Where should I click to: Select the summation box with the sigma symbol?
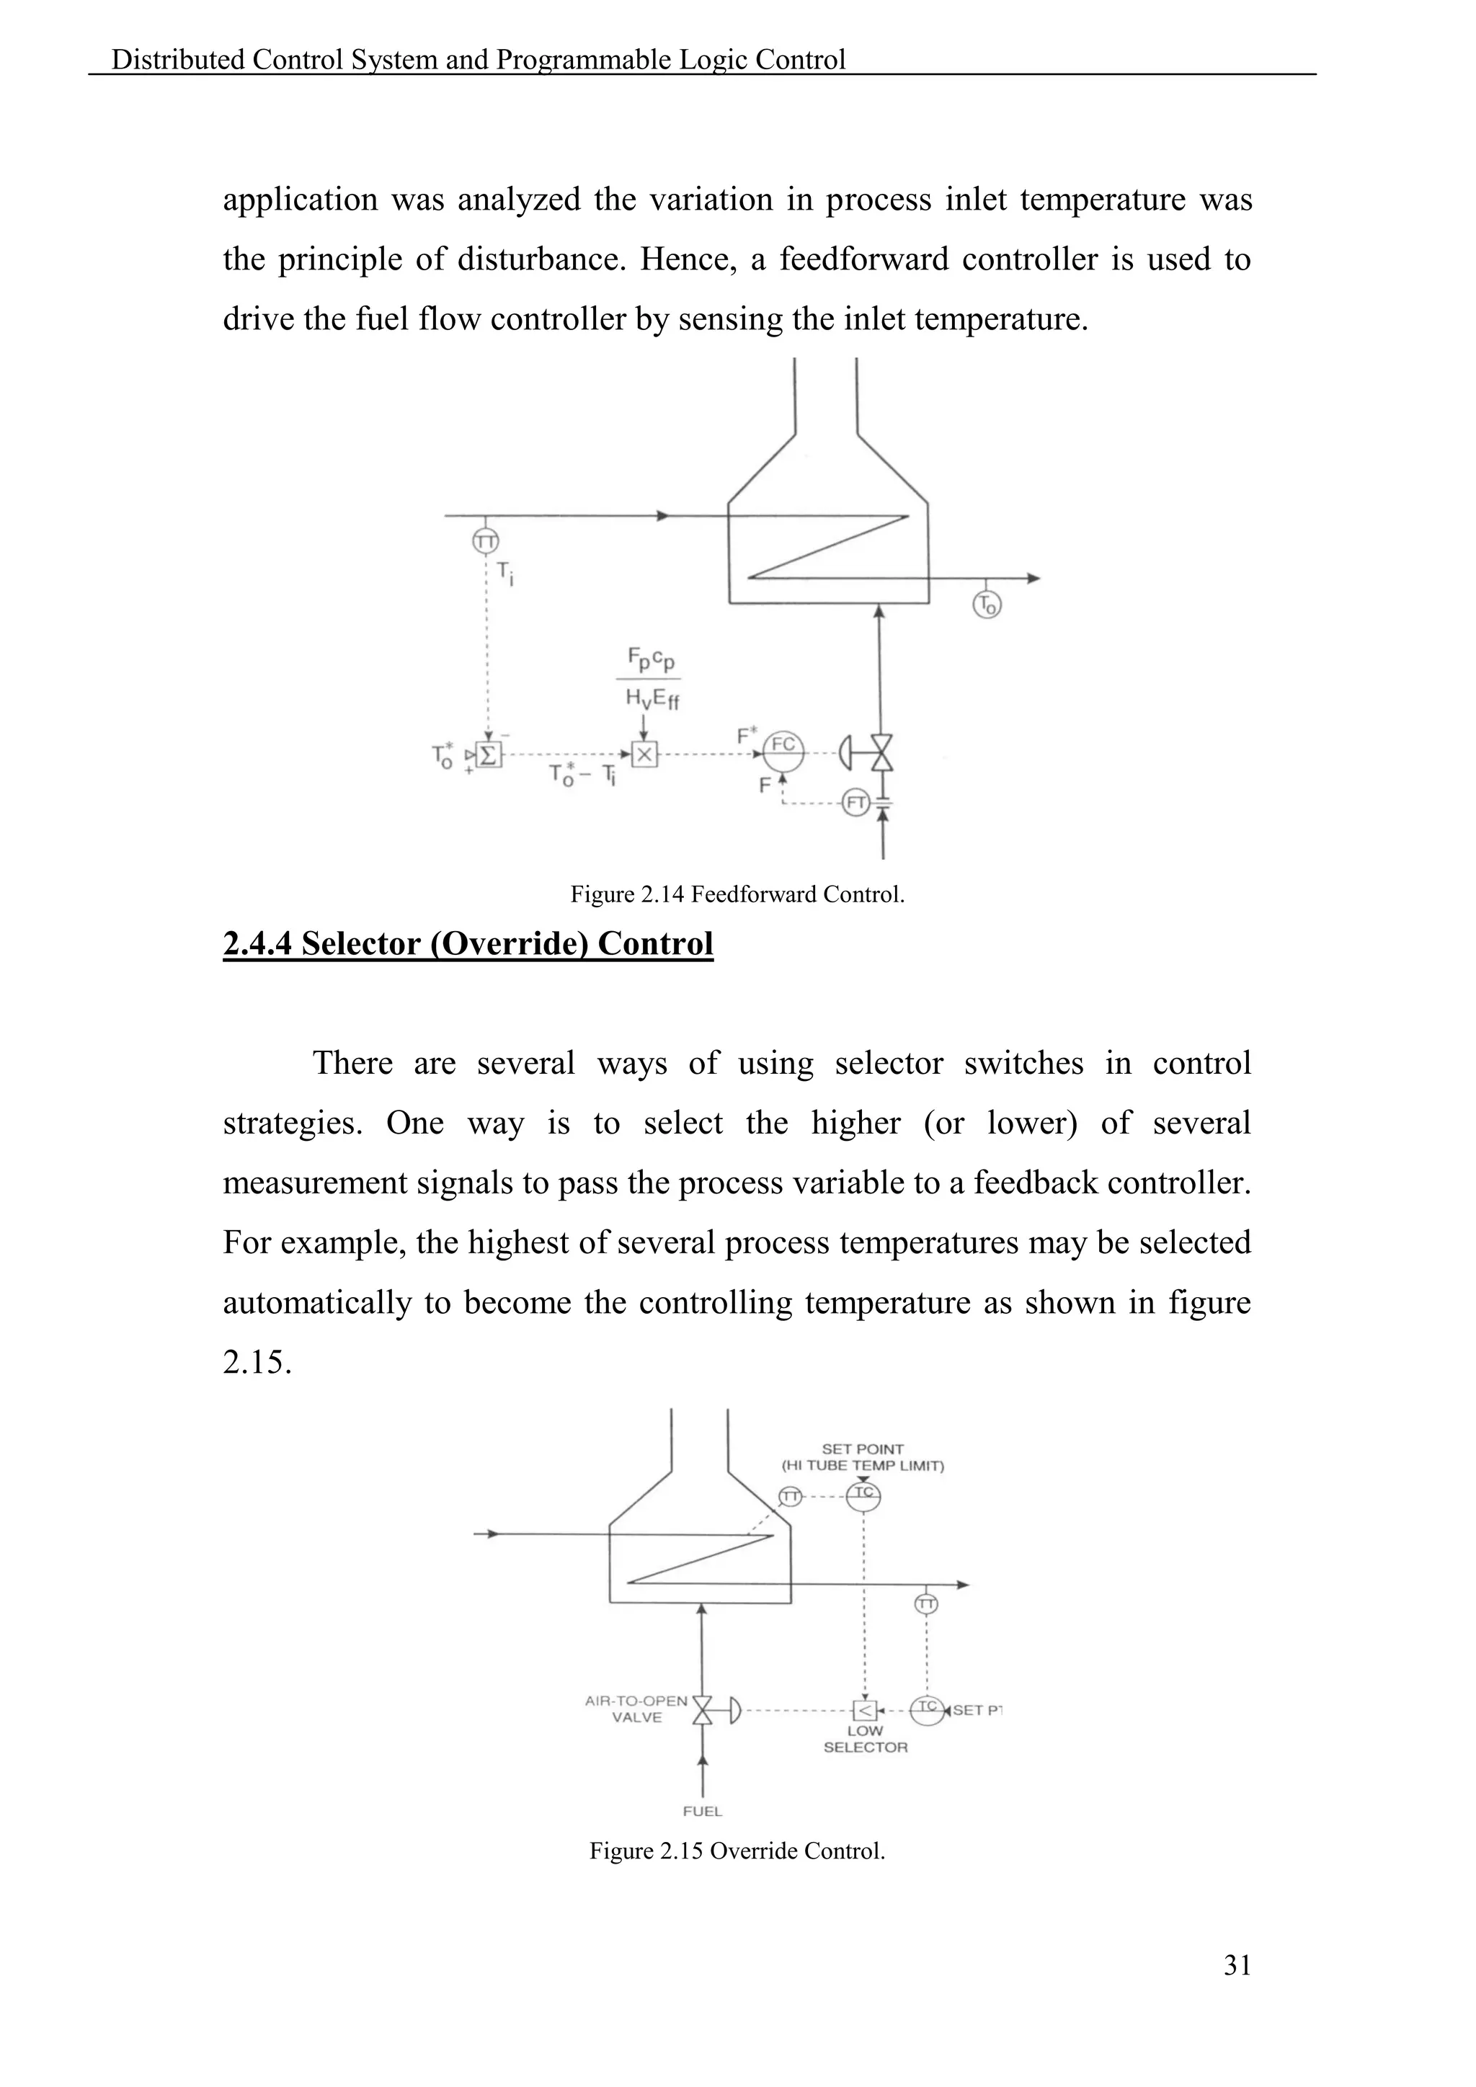(489, 755)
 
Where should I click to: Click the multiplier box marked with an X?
(644, 754)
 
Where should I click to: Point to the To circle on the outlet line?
(987, 605)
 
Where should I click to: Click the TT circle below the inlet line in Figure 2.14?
(485, 542)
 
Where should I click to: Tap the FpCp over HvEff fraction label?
(652, 678)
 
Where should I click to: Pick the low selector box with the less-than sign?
(863, 1711)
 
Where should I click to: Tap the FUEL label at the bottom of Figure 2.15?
(702, 1811)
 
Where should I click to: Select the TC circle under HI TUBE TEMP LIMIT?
(863, 1495)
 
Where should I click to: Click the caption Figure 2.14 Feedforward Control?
(737, 894)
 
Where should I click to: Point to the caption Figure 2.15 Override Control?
(737, 1851)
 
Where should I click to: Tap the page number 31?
(1237, 1965)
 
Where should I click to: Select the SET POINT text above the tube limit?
(863, 1449)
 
